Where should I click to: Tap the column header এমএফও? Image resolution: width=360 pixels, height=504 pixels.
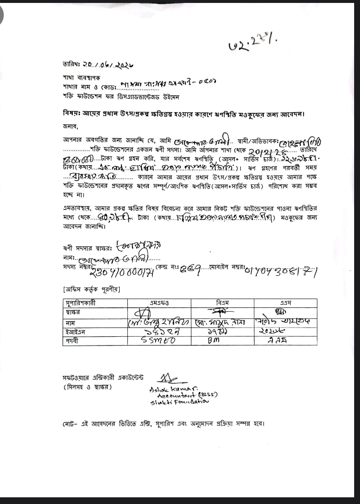pyautogui.click(x=159, y=303)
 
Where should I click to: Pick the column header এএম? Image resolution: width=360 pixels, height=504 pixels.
pyautogui.click(x=285, y=303)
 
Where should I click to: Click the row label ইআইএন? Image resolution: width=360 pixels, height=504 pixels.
pyautogui.click(x=73, y=332)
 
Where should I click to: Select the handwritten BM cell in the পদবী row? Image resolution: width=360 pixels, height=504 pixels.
pyautogui.click(x=213, y=341)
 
